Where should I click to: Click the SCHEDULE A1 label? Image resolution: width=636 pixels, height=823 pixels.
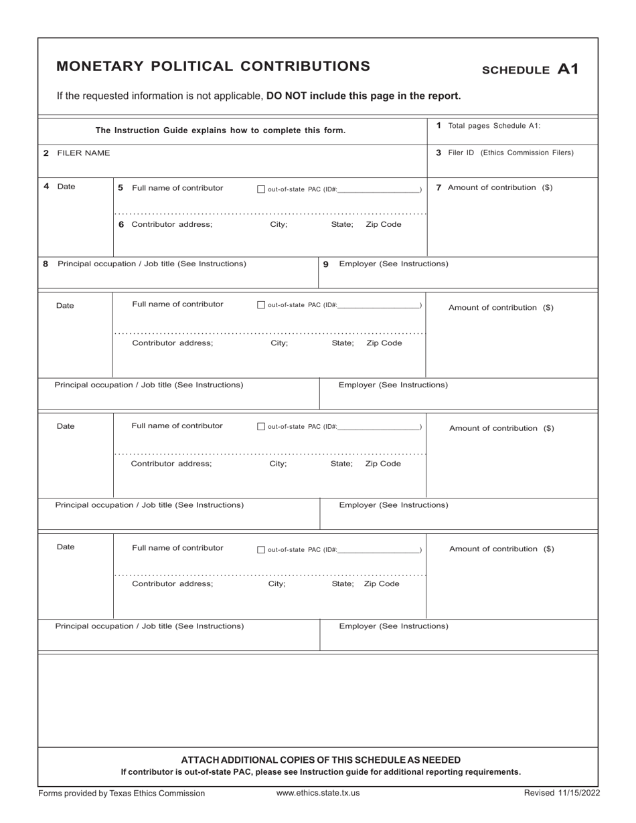coord(530,70)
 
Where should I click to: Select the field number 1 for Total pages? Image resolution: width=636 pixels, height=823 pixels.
coord(439,125)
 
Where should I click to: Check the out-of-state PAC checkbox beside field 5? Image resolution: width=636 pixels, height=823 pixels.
coord(261,189)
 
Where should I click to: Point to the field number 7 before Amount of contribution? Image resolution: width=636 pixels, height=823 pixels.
coord(439,187)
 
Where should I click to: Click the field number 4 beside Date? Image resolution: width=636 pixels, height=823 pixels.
coord(46,187)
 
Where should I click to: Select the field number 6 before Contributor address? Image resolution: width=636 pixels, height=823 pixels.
coord(121,224)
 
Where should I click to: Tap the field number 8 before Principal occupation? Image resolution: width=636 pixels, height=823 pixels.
coord(46,264)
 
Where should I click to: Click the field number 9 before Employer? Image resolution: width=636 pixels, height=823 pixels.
coord(326,264)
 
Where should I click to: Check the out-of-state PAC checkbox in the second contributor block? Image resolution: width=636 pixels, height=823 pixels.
coord(261,305)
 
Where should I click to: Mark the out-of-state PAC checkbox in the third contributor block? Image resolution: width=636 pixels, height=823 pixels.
coord(261,427)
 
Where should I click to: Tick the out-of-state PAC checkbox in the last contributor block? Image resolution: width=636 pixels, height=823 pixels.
coord(261,550)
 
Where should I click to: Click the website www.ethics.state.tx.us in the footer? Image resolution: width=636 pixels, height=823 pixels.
coord(318,793)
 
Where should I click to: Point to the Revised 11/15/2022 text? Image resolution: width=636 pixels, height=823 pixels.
coord(562,793)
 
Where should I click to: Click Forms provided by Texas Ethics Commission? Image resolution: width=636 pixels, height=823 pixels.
coord(122,793)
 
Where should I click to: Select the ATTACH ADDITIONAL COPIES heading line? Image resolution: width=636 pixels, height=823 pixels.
coord(321,759)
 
